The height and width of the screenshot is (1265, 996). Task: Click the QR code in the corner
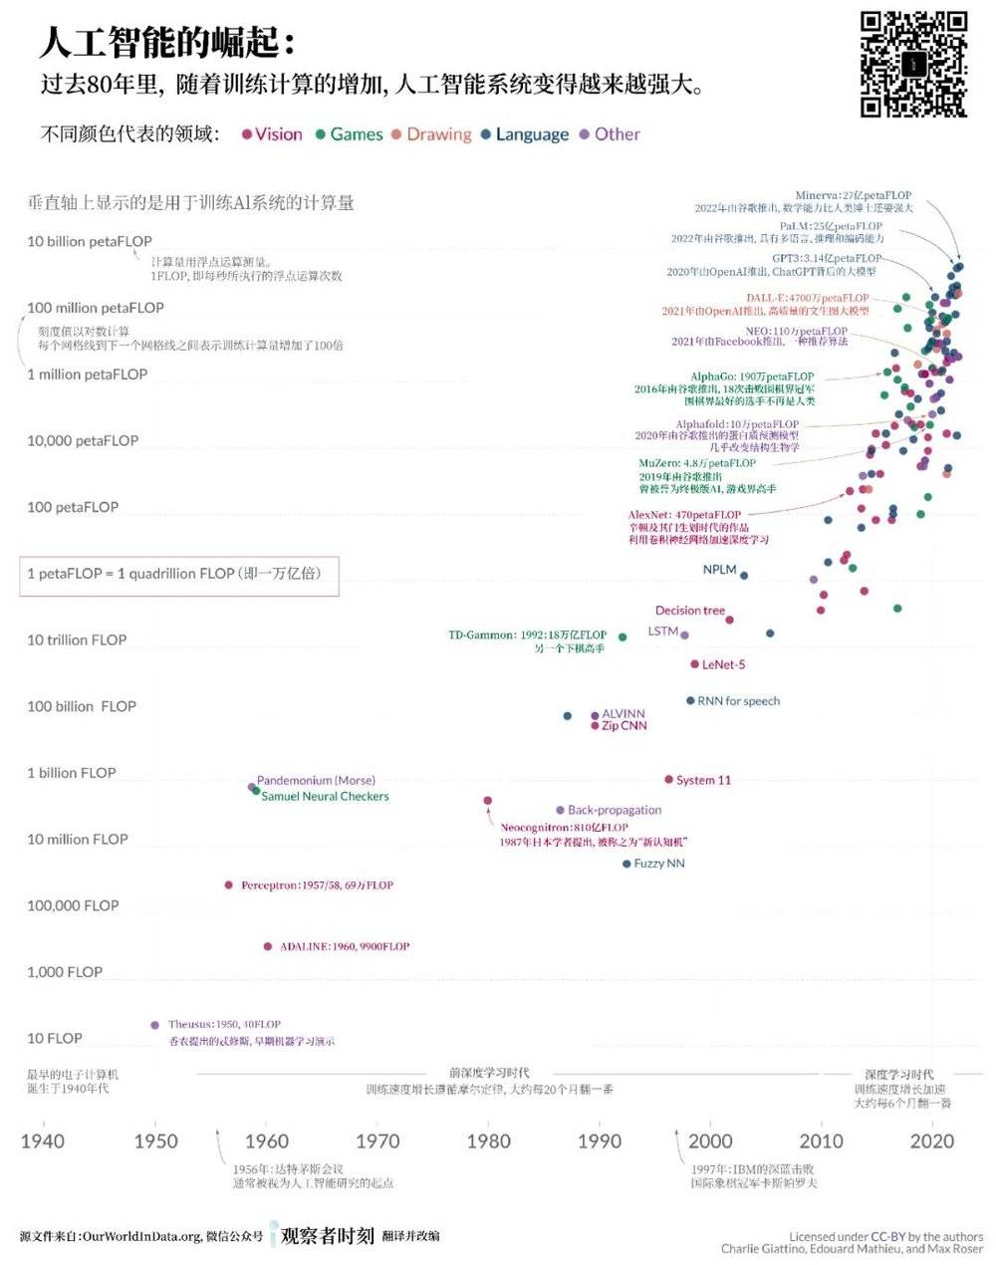[x=913, y=64]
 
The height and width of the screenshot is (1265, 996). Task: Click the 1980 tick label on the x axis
[x=488, y=1140]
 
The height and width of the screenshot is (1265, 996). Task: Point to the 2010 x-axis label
[x=821, y=1140]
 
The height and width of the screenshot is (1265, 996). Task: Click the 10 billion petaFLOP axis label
[x=90, y=241]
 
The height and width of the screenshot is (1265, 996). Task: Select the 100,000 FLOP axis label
[x=73, y=905]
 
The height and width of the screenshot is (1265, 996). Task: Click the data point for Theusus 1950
[x=154, y=1025]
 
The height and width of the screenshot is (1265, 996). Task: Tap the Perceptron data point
[x=229, y=885]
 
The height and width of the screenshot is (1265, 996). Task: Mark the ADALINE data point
[x=267, y=946]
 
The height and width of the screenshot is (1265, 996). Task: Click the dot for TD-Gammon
[x=622, y=636]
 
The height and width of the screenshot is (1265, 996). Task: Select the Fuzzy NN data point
[x=626, y=864]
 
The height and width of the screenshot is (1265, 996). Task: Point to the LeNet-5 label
[x=723, y=664]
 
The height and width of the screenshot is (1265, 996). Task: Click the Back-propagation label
[x=615, y=810]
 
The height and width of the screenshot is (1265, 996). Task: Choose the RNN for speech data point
[x=690, y=700]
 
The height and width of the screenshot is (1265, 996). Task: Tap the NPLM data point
[x=744, y=575]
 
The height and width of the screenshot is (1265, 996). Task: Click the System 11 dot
[x=668, y=780]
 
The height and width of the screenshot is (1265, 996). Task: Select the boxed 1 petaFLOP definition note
[x=179, y=575]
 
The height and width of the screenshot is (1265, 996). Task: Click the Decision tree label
[x=690, y=611]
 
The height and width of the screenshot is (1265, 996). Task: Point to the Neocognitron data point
[x=487, y=800]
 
